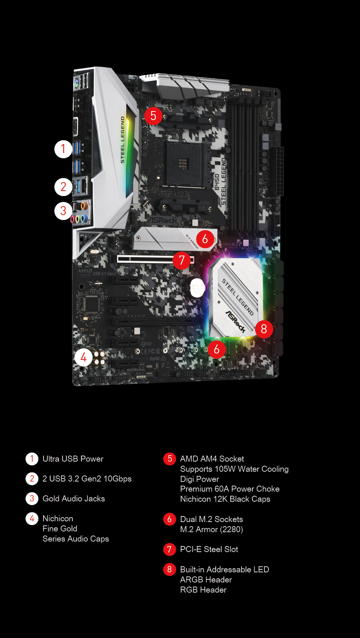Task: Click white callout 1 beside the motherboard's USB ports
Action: (63, 149)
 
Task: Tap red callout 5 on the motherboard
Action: (153, 116)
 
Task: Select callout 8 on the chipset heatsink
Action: (264, 329)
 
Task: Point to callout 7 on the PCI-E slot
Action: (182, 260)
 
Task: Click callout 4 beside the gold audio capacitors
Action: (83, 357)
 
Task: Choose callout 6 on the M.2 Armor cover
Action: (205, 239)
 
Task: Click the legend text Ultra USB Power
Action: (73, 459)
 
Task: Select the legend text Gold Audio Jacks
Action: (73, 498)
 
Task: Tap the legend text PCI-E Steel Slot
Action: (209, 549)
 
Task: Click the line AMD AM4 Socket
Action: (212, 459)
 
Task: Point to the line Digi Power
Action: (199, 479)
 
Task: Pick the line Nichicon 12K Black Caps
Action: (225, 499)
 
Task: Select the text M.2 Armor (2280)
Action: (211, 529)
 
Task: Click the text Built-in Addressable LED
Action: (224, 569)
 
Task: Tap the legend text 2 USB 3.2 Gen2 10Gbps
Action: (87, 478)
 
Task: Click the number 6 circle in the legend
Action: (169, 519)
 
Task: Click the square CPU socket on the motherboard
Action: (183, 164)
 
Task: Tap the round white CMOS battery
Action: (197, 287)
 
